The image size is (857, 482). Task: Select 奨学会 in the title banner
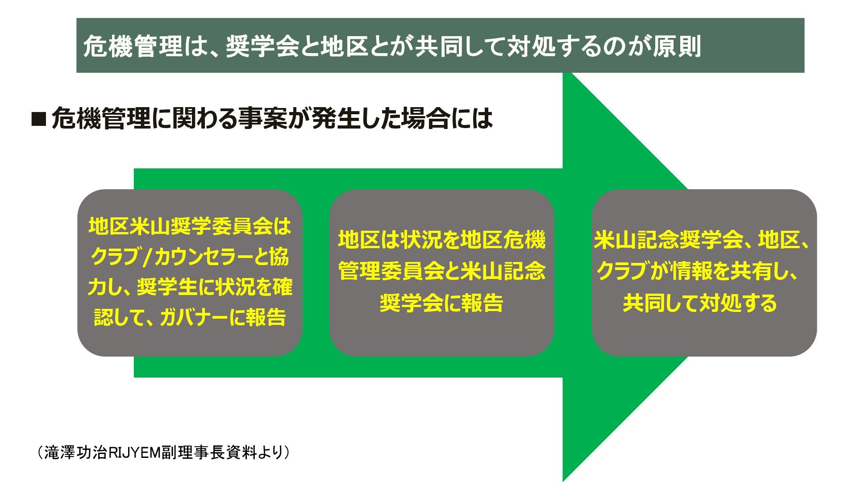point(260,46)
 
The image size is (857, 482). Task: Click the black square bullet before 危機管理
point(39,119)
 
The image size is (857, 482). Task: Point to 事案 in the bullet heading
point(262,118)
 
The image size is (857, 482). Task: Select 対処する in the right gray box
point(732,303)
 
